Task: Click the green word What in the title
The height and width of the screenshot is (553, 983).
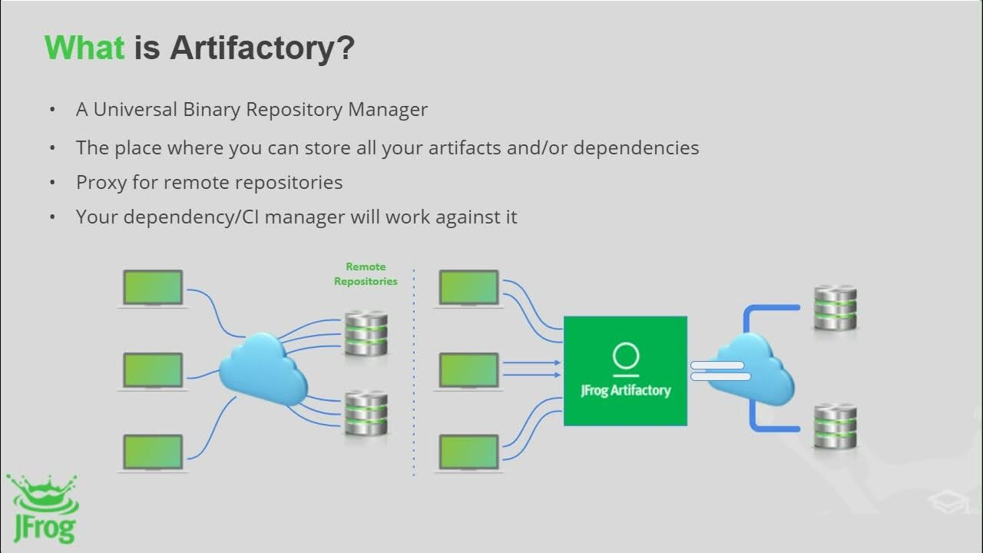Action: (x=84, y=48)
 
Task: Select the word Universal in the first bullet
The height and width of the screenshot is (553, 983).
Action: (x=135, y=109)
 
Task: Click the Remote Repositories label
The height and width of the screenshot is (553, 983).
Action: (x=366, y=274)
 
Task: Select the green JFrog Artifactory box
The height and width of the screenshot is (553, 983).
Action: (x=625, y=370)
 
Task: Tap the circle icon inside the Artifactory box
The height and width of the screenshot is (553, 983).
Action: (x=626, y=356)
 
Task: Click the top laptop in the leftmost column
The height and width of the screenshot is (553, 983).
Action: (x=154, y=288)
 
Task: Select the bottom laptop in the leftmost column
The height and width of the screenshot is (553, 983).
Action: (x=154, y=452)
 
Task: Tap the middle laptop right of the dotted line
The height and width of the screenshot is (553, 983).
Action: (x=468, y=370)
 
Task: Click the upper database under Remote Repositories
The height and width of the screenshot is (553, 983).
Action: (x=366, y=333)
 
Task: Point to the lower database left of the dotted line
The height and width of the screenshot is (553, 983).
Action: (x=366, y=413)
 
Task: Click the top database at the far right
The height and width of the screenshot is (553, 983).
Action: (x=835, y=307)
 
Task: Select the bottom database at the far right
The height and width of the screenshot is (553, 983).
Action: (x=835, y=425)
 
